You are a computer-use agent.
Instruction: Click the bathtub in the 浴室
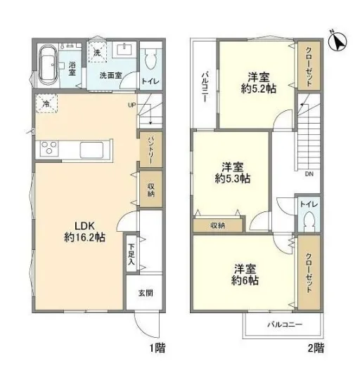point(48,65)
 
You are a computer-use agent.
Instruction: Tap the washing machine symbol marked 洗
point(97,52)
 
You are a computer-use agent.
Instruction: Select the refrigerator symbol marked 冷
point(46,103)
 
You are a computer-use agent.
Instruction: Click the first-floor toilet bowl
point(150,60)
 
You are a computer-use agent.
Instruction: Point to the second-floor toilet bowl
point(309,221)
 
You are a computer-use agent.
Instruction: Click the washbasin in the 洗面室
point(124,50)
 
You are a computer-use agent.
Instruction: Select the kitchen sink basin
point(91,150)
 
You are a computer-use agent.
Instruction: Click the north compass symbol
point(337,41)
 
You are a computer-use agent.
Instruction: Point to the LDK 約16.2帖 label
point(85,232)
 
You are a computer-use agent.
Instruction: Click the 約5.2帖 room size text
point(259,88)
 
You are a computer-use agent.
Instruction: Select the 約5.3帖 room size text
point(233,178)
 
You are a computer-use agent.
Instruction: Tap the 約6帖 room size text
point(245,280)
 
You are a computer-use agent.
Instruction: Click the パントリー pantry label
point(151,150)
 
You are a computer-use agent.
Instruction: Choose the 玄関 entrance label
point(146,293)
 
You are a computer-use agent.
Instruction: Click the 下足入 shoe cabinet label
point(131,254)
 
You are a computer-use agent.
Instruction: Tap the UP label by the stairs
point(132,105)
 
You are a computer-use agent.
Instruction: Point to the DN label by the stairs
point(309,174)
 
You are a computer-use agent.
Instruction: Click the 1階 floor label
point(157,348)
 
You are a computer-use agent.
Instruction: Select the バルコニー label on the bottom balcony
point(285,324)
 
